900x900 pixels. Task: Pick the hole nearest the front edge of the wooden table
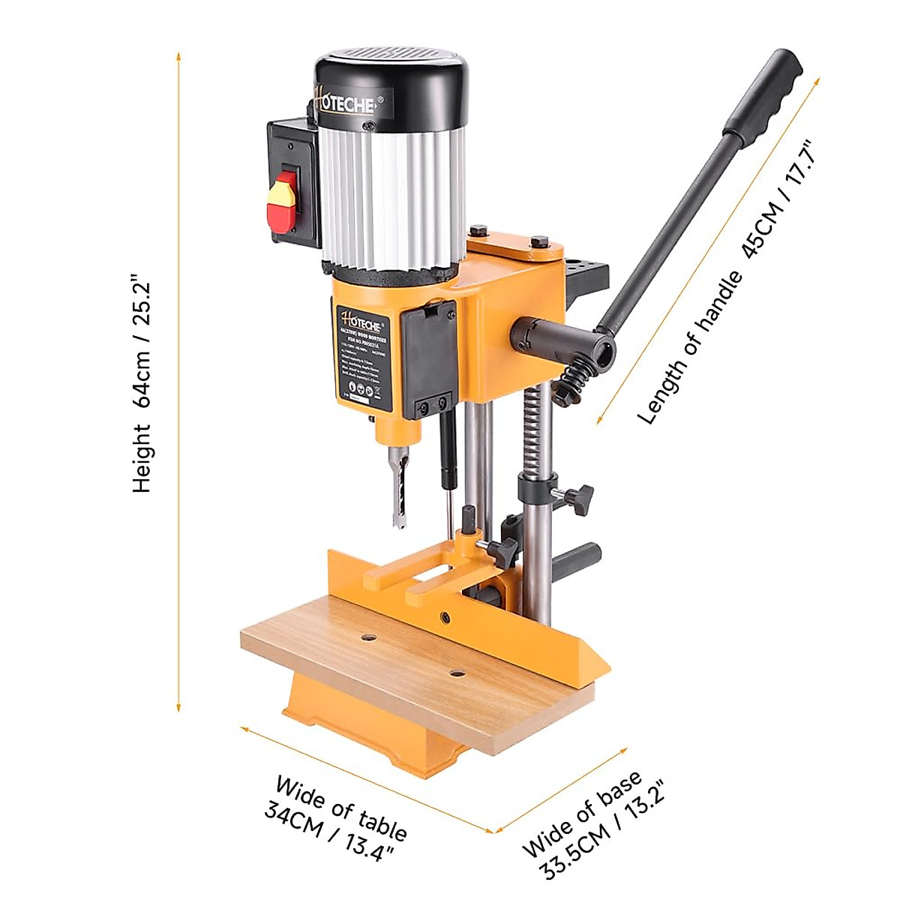pos(456,673)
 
